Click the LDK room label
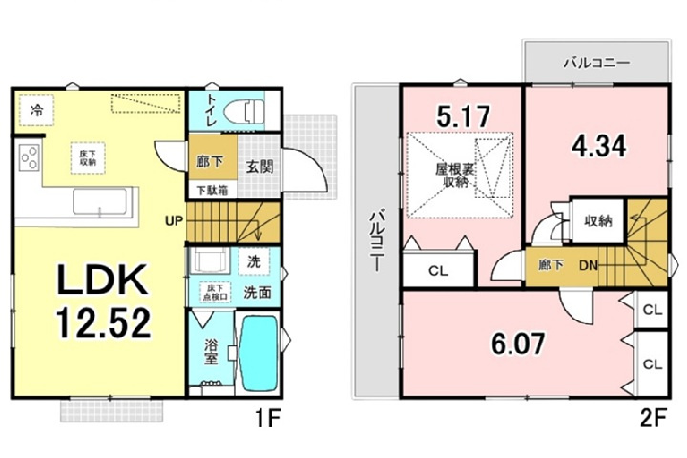coord(103,281)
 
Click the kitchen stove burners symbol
coord(28,156)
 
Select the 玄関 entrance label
coord(258,166)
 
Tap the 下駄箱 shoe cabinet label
coord(212,190)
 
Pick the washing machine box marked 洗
coord(254,260)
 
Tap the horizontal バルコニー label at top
coord(595,63)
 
